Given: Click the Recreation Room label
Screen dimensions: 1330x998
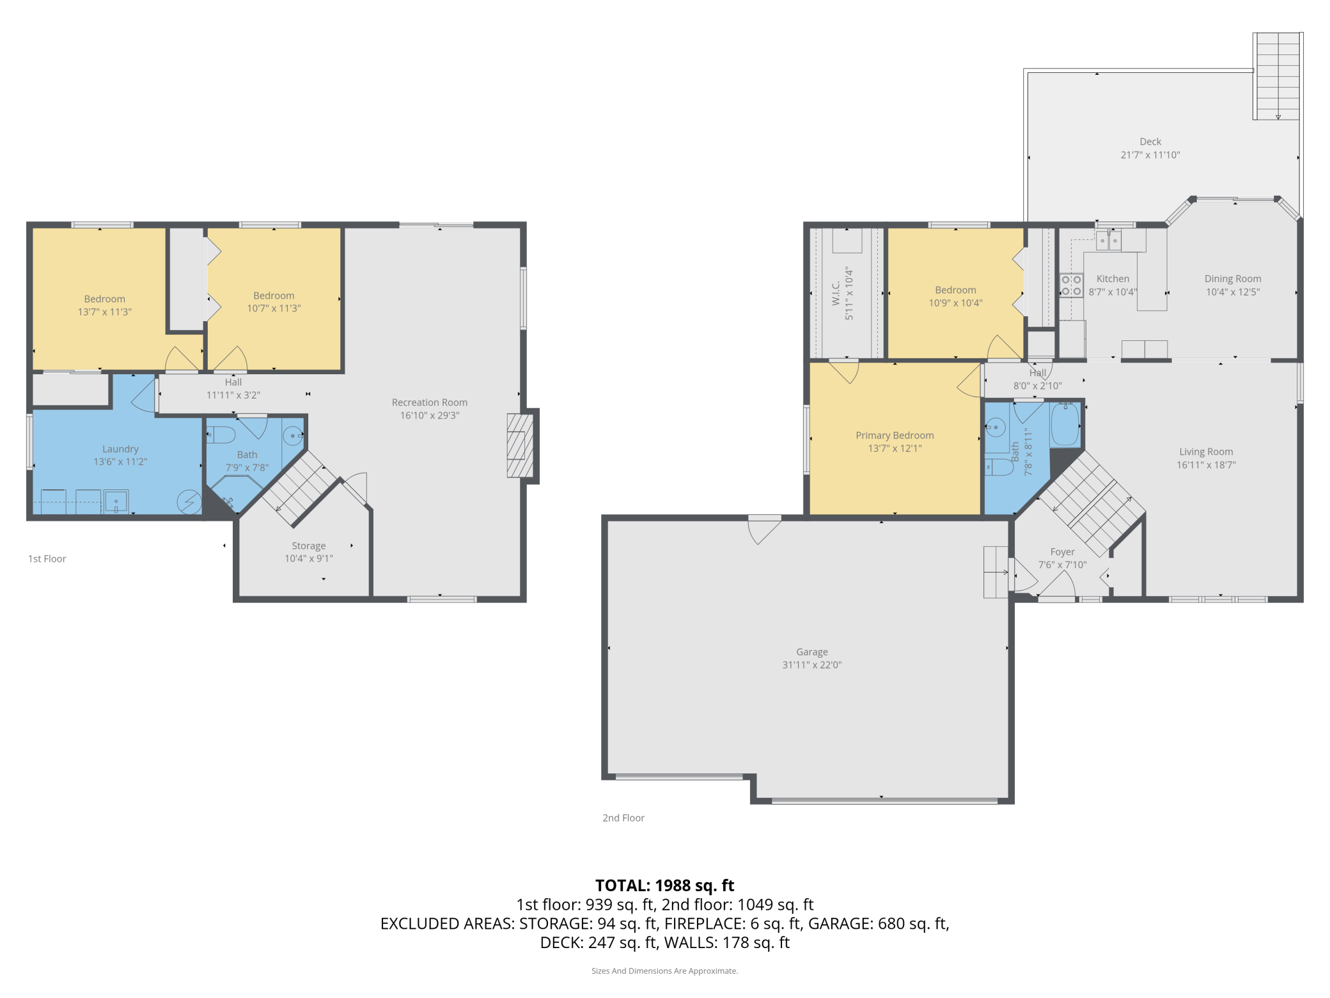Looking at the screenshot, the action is coord(430,402).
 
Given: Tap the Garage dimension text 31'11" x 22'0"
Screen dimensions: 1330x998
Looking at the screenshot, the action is coord(812,665).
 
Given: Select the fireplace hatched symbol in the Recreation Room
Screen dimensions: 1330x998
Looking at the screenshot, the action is coord(520,446).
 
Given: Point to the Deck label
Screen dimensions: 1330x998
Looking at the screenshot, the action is coord(1150,141).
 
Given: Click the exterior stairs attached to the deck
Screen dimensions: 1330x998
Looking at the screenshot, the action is coord(1278,76).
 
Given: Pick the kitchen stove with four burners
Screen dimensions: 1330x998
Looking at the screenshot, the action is coord(1072,285).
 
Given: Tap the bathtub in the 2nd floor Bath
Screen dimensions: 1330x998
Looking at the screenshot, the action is coord(1065,424).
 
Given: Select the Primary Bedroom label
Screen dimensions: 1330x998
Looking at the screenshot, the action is coord(895,435).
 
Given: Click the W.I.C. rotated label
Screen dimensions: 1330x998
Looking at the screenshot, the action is coord(836,294).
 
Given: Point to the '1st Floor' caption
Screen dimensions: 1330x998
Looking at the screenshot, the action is coord(47,558).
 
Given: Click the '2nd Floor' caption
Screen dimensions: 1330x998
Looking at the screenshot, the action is coord(623,818).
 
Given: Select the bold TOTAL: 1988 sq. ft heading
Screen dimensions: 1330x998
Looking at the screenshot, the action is coord(665,885).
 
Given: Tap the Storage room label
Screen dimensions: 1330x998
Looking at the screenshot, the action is coord(309,546).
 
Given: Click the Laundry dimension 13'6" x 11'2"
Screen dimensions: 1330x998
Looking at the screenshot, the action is coord(120,461).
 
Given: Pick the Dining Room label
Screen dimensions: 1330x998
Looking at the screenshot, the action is coord(1233,279).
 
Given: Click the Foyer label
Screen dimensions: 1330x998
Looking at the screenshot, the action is coord(1063,551).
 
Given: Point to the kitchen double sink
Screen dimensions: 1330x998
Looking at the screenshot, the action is coord(1109,241).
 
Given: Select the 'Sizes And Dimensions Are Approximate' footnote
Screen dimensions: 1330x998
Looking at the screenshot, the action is coord(665,970).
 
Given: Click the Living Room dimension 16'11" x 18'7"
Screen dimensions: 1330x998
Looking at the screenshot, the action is coord(1207,465).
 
